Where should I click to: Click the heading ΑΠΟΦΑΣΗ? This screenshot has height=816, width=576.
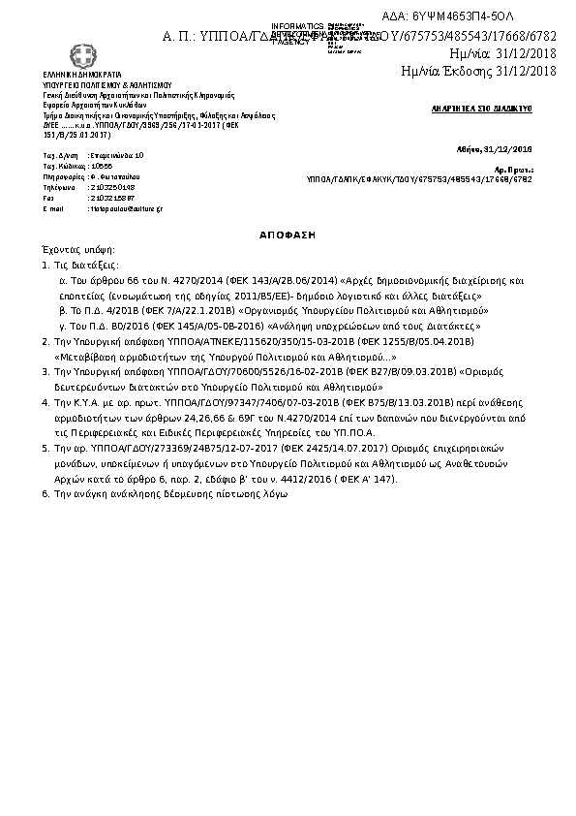(x=288, y=235)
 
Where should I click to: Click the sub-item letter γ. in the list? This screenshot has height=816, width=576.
(x=62, y=328)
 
